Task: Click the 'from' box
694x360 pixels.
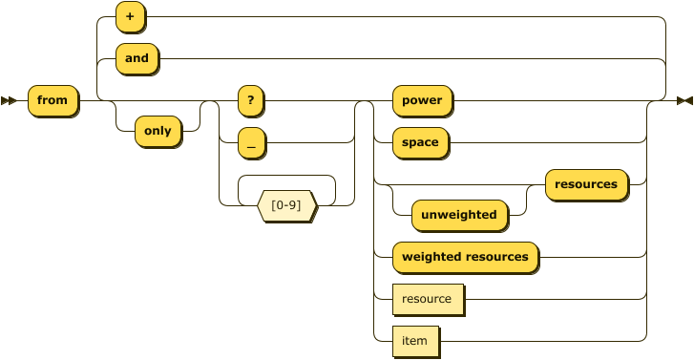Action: tap(53, 100)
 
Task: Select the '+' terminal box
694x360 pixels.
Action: tap(129, 16)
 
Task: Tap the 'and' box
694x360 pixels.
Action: tap(137, 58)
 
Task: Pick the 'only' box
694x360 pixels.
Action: tap(158, 131)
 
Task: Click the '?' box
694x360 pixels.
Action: tap(250, 100)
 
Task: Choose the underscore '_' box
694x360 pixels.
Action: tap(251, 142)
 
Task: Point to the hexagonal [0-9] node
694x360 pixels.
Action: tap(287, 205)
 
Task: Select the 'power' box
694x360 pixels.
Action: tap(422, 100)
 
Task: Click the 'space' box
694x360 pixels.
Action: tap(420, 142)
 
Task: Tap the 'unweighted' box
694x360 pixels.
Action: tap(458, 215)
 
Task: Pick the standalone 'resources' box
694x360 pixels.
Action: tap(586, 184)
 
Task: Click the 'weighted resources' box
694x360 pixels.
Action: tap(465, 257)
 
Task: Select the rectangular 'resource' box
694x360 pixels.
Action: tap(427, 299)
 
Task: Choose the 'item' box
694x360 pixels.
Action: tap(415, 341)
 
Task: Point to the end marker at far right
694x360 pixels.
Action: tap(683, 100)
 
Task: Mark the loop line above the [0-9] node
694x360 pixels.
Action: tap(286, 176)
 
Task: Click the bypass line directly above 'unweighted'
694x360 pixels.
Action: tap(458, 184)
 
